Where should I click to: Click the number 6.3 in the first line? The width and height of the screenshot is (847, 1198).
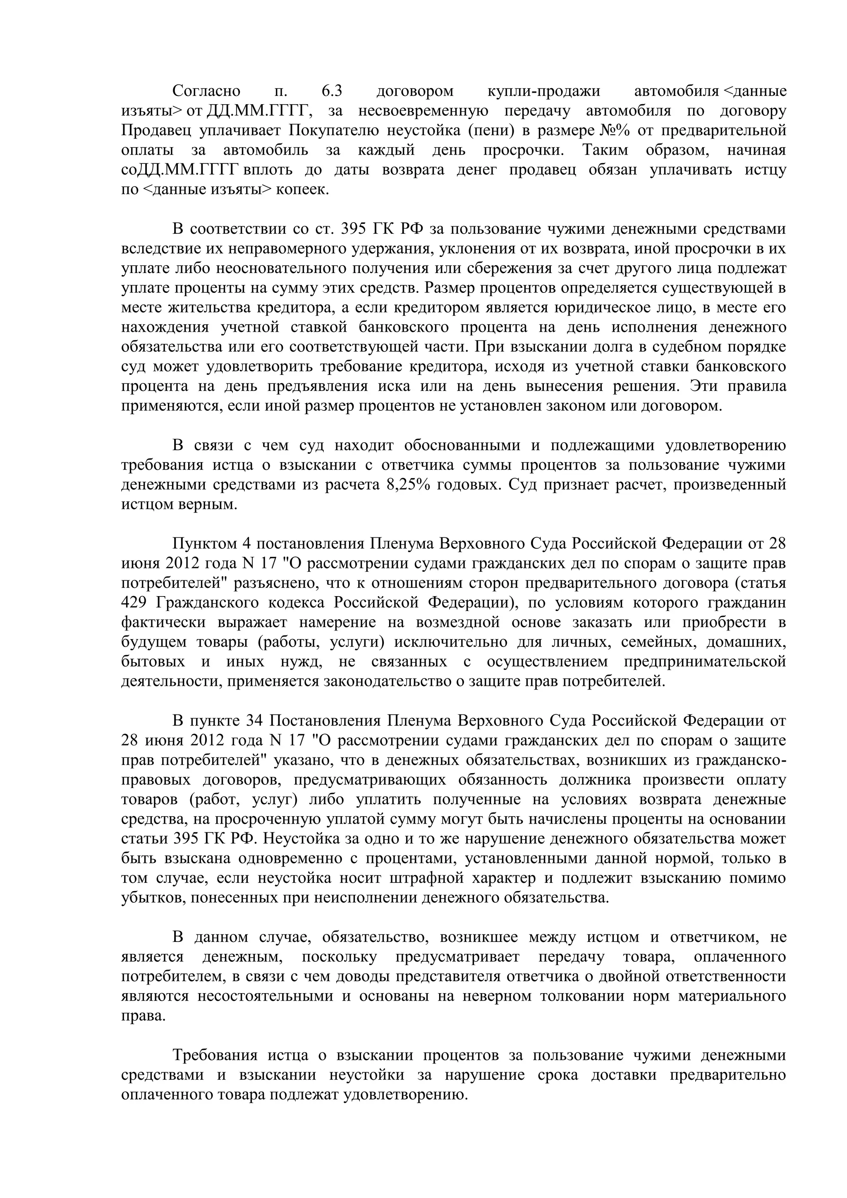coord(332,91)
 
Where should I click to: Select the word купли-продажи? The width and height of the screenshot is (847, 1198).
coord(543,91)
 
